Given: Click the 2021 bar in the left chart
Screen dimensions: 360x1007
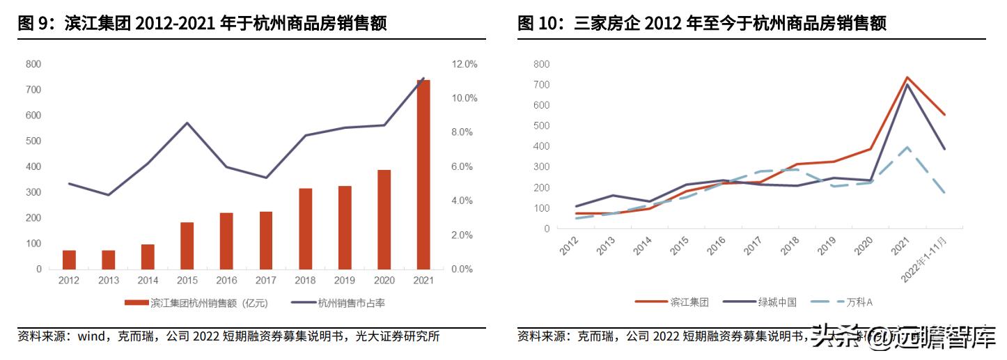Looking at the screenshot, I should click(x=423, y=174).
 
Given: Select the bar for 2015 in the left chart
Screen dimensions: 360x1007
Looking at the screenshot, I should click(x=187, y=245).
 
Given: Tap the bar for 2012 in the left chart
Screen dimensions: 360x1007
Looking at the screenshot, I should click(x=69, y=259).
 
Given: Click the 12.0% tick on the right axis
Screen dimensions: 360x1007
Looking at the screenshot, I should click(x=465, y=64).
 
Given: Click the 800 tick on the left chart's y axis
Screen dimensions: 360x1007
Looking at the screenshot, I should click(x=33, y=64).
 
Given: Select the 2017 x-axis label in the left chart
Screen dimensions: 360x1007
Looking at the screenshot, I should click(x=266, y=281).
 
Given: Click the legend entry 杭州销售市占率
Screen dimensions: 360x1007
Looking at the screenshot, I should click(x=351, y=303).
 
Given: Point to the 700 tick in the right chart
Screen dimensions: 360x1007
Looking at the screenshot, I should click(x=541, y=85).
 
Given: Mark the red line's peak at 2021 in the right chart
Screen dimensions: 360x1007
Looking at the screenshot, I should click(x=906, y=77).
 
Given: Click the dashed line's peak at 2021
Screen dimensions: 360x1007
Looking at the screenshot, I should click(x=906, y=148).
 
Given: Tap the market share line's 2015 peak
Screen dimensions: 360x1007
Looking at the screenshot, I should click(x=187, y=123).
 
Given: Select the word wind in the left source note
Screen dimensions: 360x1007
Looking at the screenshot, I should click(x=91, y=337).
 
